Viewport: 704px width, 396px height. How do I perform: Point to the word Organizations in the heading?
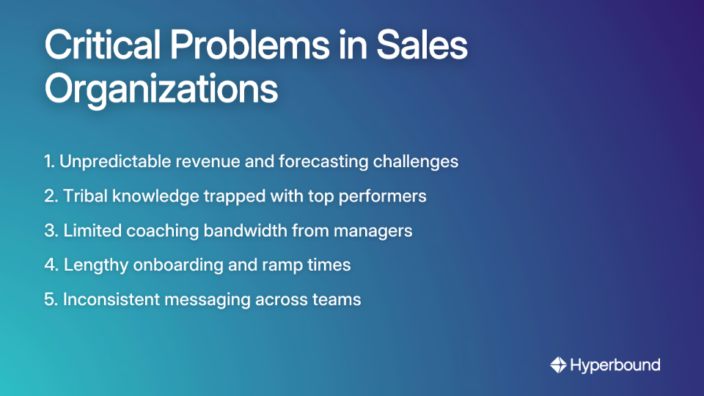161,89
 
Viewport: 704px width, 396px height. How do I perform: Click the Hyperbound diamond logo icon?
558,364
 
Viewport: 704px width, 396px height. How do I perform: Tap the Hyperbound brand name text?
615,364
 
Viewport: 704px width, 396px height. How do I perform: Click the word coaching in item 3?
155,231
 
